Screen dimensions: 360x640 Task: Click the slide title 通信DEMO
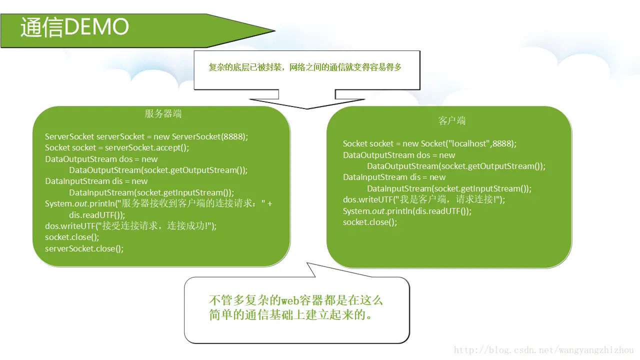[x=74, y=27]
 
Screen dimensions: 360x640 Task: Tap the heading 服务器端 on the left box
[x=163, y=114]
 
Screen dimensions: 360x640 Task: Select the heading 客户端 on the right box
[x=452, y=121]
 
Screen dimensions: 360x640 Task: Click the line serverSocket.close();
[x=84, y=248]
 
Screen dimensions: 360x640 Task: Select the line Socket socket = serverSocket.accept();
[x=117, y=148]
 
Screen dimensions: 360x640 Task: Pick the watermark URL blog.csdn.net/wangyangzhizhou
[x=543, y=350]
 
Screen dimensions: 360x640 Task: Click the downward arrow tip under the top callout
[x=306, y=107]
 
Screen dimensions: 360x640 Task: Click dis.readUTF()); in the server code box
[x=96, y=215]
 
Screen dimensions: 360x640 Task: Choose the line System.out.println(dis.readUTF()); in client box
[x=407, y=211]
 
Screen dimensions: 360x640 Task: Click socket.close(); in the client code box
[x=370, y=222]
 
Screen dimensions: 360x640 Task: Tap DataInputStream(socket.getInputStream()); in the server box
[x=151, y=192]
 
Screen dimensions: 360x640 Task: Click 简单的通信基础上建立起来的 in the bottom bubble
[x=287, y=315]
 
